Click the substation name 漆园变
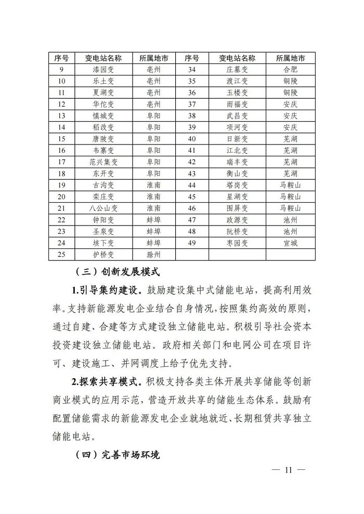coord(103,69)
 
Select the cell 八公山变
coord(103,208)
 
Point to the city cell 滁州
coord(153,254)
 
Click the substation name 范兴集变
coord(103,162)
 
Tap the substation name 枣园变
coord(237,243)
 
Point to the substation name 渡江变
coord(237,81)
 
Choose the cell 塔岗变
coord(237,184)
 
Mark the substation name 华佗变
coord(103,104)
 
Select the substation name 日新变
coord(237,139)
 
